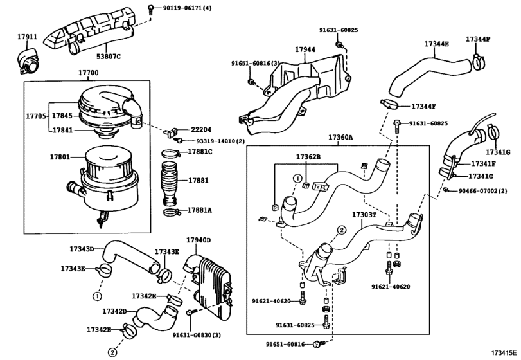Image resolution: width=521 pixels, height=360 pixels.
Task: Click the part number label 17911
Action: (26, 37)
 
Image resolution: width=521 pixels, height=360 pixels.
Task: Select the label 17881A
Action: (199, 210)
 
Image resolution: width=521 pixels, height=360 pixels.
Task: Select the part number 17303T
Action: (364, 214)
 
